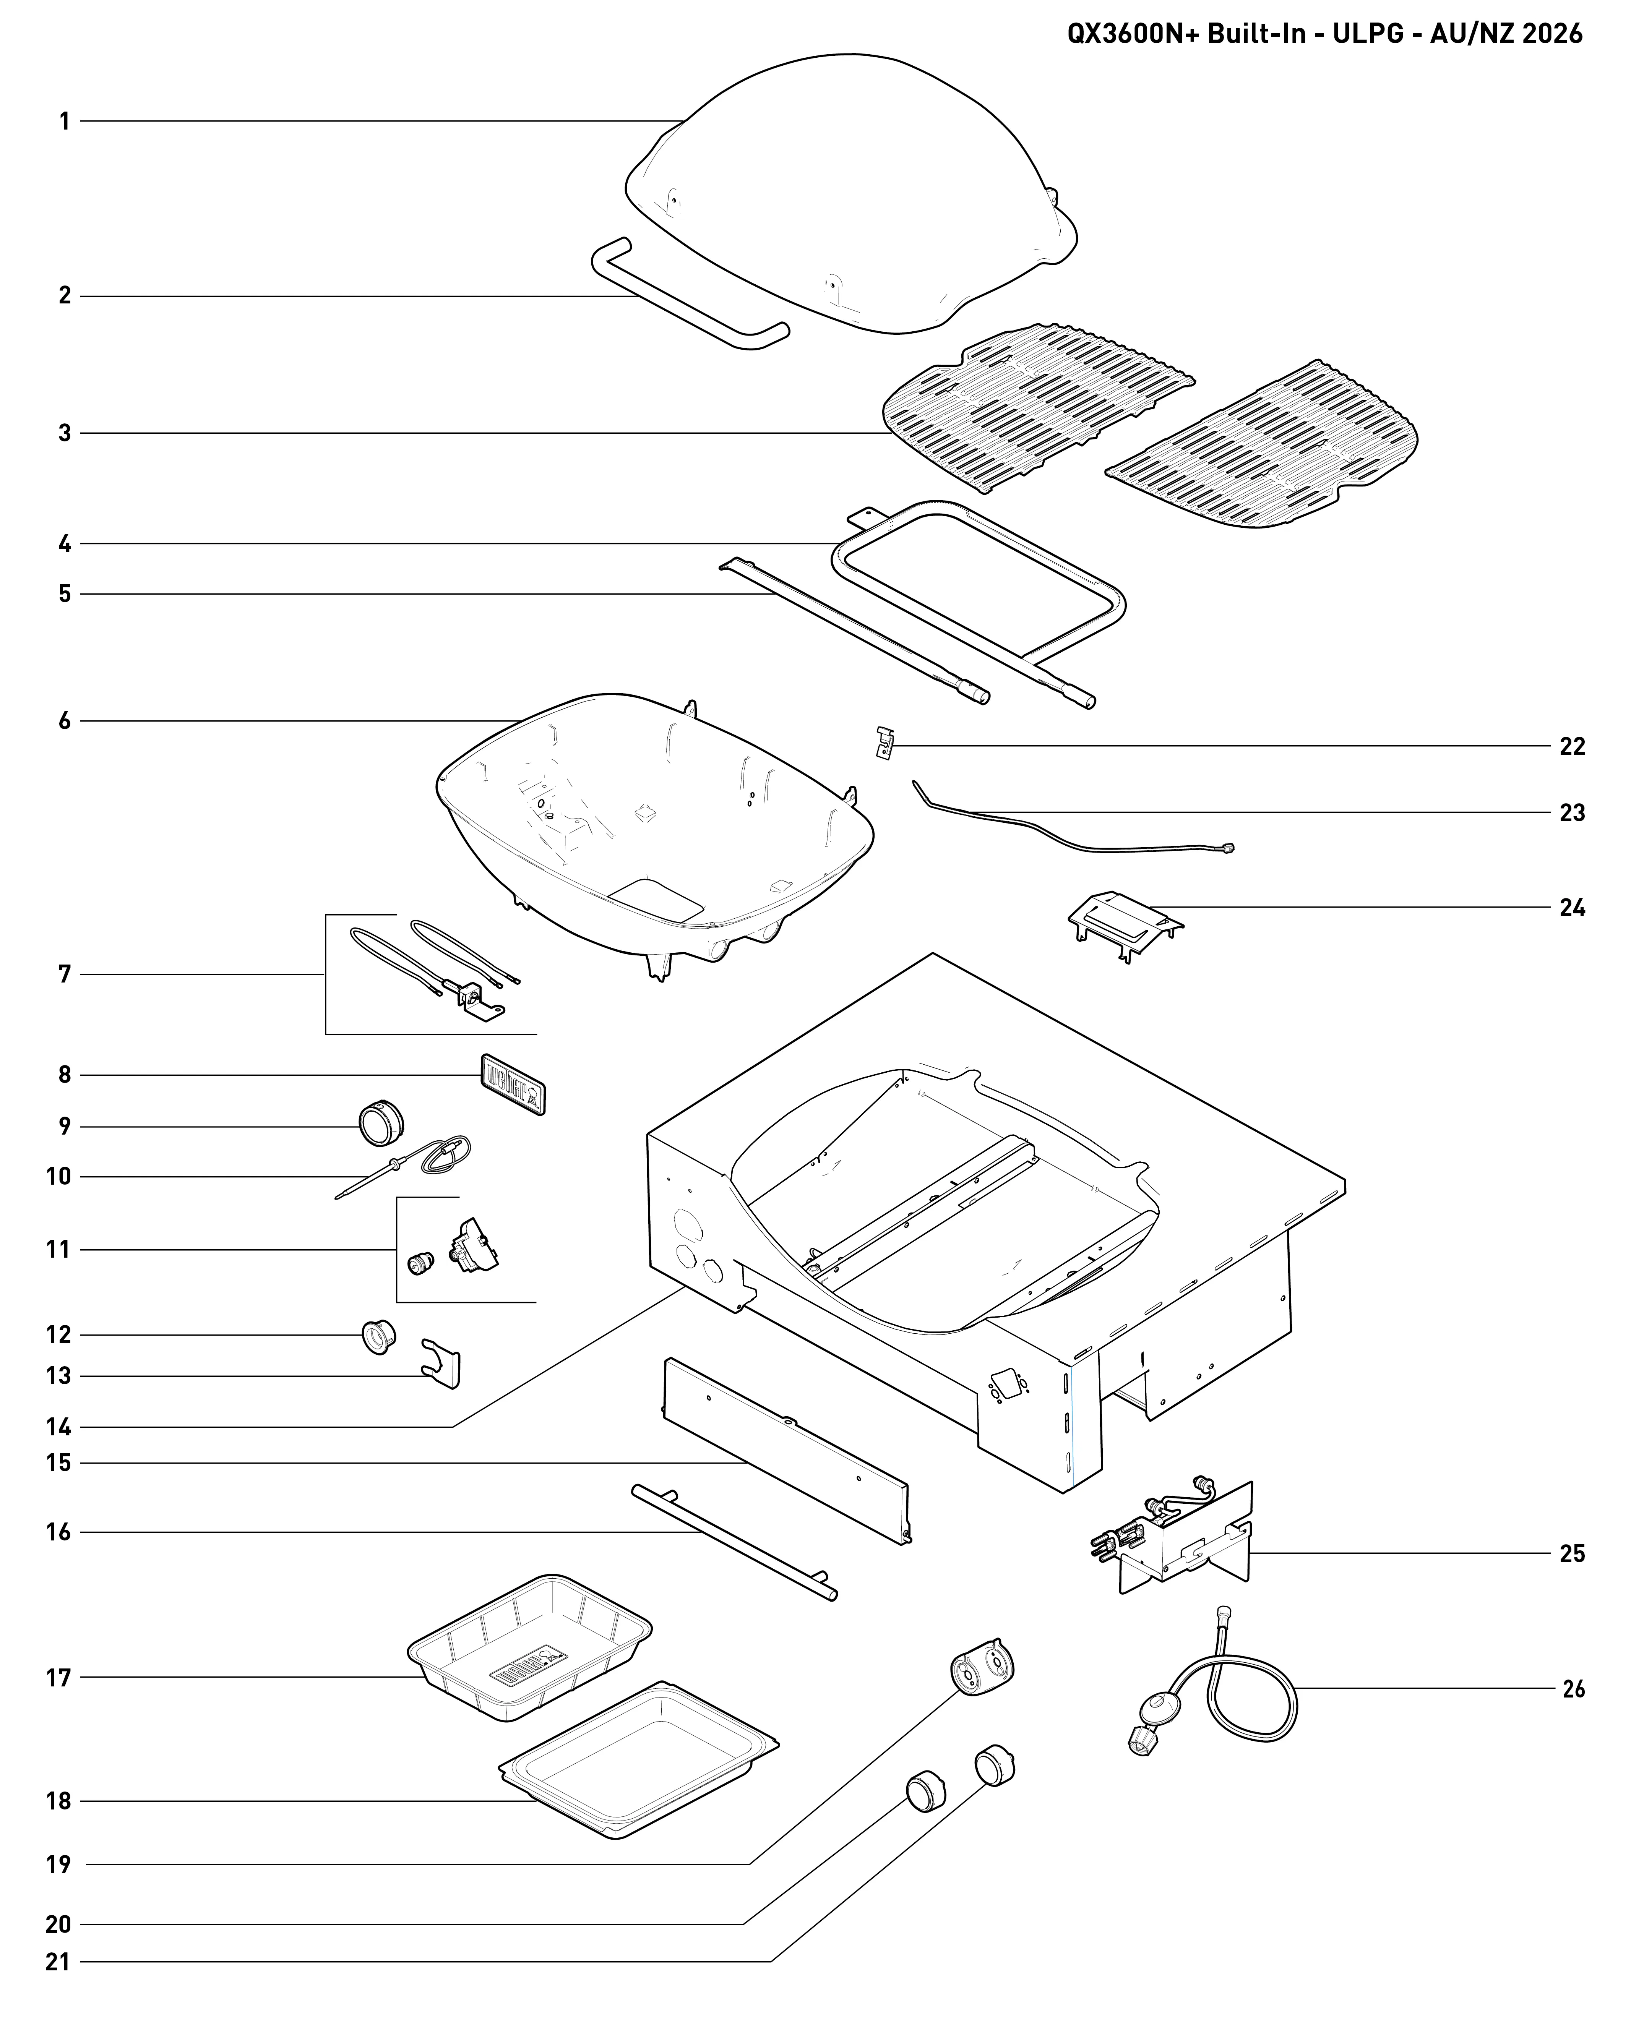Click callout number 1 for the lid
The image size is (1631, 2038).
tap(64, 121)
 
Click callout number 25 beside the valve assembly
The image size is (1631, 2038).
tap(1571, 1553)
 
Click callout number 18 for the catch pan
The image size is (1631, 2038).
tap(58, 1801)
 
